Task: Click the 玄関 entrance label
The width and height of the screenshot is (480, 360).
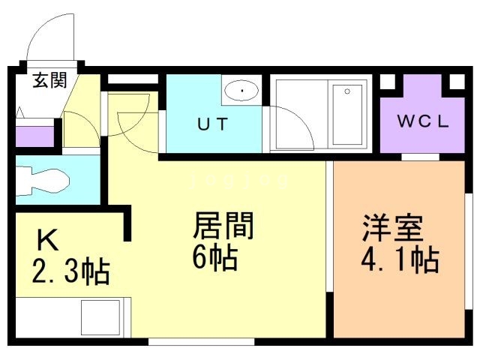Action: pos(49,80)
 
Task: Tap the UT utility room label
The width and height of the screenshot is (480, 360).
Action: pos(213,124)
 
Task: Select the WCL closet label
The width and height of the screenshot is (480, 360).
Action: pos(423,121)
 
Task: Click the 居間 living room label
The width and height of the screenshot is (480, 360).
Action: pos(223,225)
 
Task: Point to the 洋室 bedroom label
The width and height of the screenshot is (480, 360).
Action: pos(393,228)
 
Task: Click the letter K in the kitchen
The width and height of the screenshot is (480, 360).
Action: pos(48,240)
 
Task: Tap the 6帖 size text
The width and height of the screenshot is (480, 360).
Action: pos(215,258)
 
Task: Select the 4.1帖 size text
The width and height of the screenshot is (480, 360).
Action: pos(400,261)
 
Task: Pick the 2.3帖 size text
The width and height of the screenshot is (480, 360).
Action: pos(71,272)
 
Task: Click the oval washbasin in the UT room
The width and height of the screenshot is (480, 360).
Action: pos(241,91)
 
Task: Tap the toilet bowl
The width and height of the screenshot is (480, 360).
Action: pos(42,181)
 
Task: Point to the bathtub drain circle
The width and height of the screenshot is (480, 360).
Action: pos(347,91)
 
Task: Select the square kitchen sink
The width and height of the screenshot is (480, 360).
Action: pos(100,318)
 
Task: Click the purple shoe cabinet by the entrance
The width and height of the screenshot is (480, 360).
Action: pos(35,136)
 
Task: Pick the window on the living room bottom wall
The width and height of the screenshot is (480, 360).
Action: pos(202,342)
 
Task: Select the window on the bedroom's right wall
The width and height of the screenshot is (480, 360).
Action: pos(469,252)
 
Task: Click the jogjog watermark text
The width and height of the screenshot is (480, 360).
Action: pos(239,180)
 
